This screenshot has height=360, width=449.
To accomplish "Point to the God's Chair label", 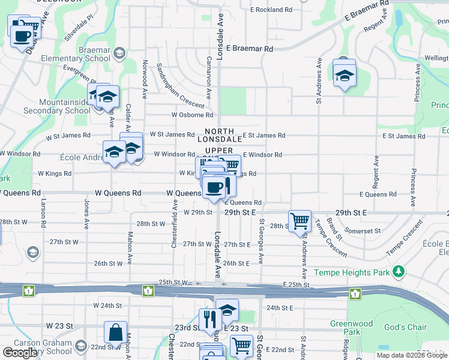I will pyautogui.click(x=405, y=327).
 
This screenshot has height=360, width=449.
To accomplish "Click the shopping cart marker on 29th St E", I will pyautogui.click(x=300, y=221).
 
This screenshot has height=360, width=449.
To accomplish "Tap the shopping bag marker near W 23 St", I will pyautogui.click(x=115, y=333).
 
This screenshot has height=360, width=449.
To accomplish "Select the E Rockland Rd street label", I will pyautogui.click(x=271, y=10).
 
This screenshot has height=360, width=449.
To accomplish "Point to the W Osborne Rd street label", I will pyautogui.click(x=192, y=115).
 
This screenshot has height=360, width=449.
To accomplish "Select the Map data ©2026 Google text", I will pyautogui.click(x=412, y=355).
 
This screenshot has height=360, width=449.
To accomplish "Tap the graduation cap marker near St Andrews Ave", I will pyautogui.click(x=345, y=75).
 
